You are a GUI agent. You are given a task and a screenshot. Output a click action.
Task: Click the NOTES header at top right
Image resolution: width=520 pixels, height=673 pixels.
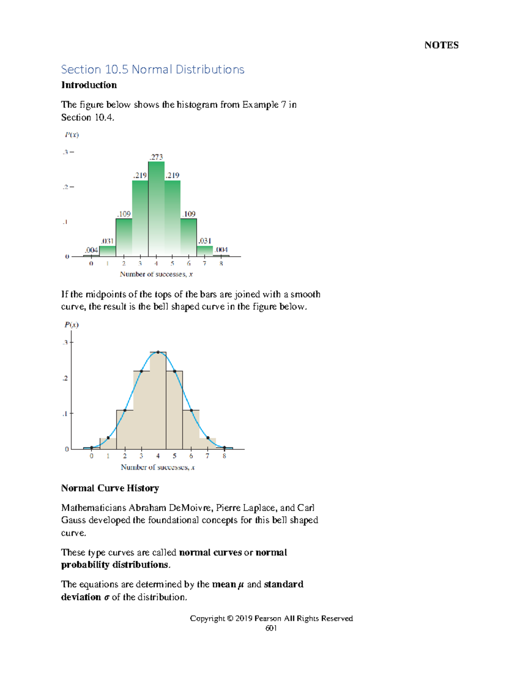tap(441, 45)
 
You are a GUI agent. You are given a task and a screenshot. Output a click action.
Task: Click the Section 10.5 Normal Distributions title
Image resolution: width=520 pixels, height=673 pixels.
tap(153, 69)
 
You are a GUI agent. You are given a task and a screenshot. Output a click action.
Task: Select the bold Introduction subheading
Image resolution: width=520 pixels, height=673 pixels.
tap(89, 85)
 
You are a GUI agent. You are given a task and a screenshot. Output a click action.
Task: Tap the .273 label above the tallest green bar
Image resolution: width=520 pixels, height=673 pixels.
tap(156, 157)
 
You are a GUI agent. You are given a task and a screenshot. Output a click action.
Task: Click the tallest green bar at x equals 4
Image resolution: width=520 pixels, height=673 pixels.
tap(156, 208)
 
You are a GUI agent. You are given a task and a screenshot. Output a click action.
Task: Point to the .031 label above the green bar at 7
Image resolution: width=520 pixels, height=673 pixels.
tap(205, 241)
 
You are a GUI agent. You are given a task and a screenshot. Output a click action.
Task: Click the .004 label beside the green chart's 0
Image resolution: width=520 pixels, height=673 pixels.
tap(91, 250)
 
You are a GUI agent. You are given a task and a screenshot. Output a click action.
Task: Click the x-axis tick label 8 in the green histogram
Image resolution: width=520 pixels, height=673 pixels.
tap(221, 263)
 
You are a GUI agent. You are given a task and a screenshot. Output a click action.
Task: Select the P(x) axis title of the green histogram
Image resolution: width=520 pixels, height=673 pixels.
tap(71, 135)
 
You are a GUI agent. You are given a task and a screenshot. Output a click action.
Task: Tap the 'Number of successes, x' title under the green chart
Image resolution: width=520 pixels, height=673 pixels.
tap(156, 274)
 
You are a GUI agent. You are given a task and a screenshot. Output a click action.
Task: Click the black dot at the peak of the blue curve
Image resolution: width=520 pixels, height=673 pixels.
tap(158, 352)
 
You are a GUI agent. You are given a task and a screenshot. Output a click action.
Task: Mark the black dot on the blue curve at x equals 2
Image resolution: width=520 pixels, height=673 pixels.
tap(125, 410)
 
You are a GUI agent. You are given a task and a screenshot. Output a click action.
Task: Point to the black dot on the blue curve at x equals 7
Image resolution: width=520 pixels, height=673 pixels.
tap(208, 438)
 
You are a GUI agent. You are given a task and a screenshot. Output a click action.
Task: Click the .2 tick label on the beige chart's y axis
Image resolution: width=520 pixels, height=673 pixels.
tap(65, 378)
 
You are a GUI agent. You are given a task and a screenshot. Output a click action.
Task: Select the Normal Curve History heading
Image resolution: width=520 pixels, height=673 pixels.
tap(110, 488)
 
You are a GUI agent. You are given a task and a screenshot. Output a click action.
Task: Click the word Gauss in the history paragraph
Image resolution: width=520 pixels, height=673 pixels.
tap(73, 520)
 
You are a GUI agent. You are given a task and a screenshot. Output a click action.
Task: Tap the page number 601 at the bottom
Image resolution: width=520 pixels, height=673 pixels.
tap(271, 628)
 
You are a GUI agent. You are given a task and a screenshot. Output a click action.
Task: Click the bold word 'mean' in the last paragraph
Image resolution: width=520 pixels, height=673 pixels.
tap(224, 585)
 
